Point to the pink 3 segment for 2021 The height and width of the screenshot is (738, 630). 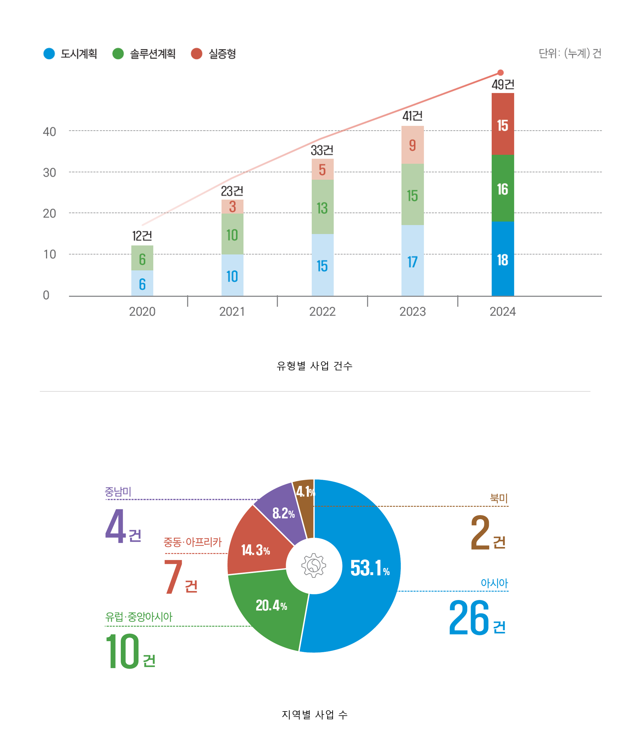[232, 206]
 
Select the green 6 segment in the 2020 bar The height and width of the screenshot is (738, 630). [142, 258]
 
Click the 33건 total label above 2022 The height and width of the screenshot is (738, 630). [322, 150]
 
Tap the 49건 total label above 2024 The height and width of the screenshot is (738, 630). [503, 84]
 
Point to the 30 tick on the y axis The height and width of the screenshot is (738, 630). [49, 173]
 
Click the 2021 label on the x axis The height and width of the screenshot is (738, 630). [232, 312]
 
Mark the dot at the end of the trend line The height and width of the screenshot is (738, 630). [500, 73]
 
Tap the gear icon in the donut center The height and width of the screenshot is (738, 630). [314, 565]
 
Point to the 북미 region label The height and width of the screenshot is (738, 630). [499, 498]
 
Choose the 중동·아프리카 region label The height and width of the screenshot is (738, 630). [192, 542]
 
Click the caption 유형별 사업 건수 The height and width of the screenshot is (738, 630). [315, 366]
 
